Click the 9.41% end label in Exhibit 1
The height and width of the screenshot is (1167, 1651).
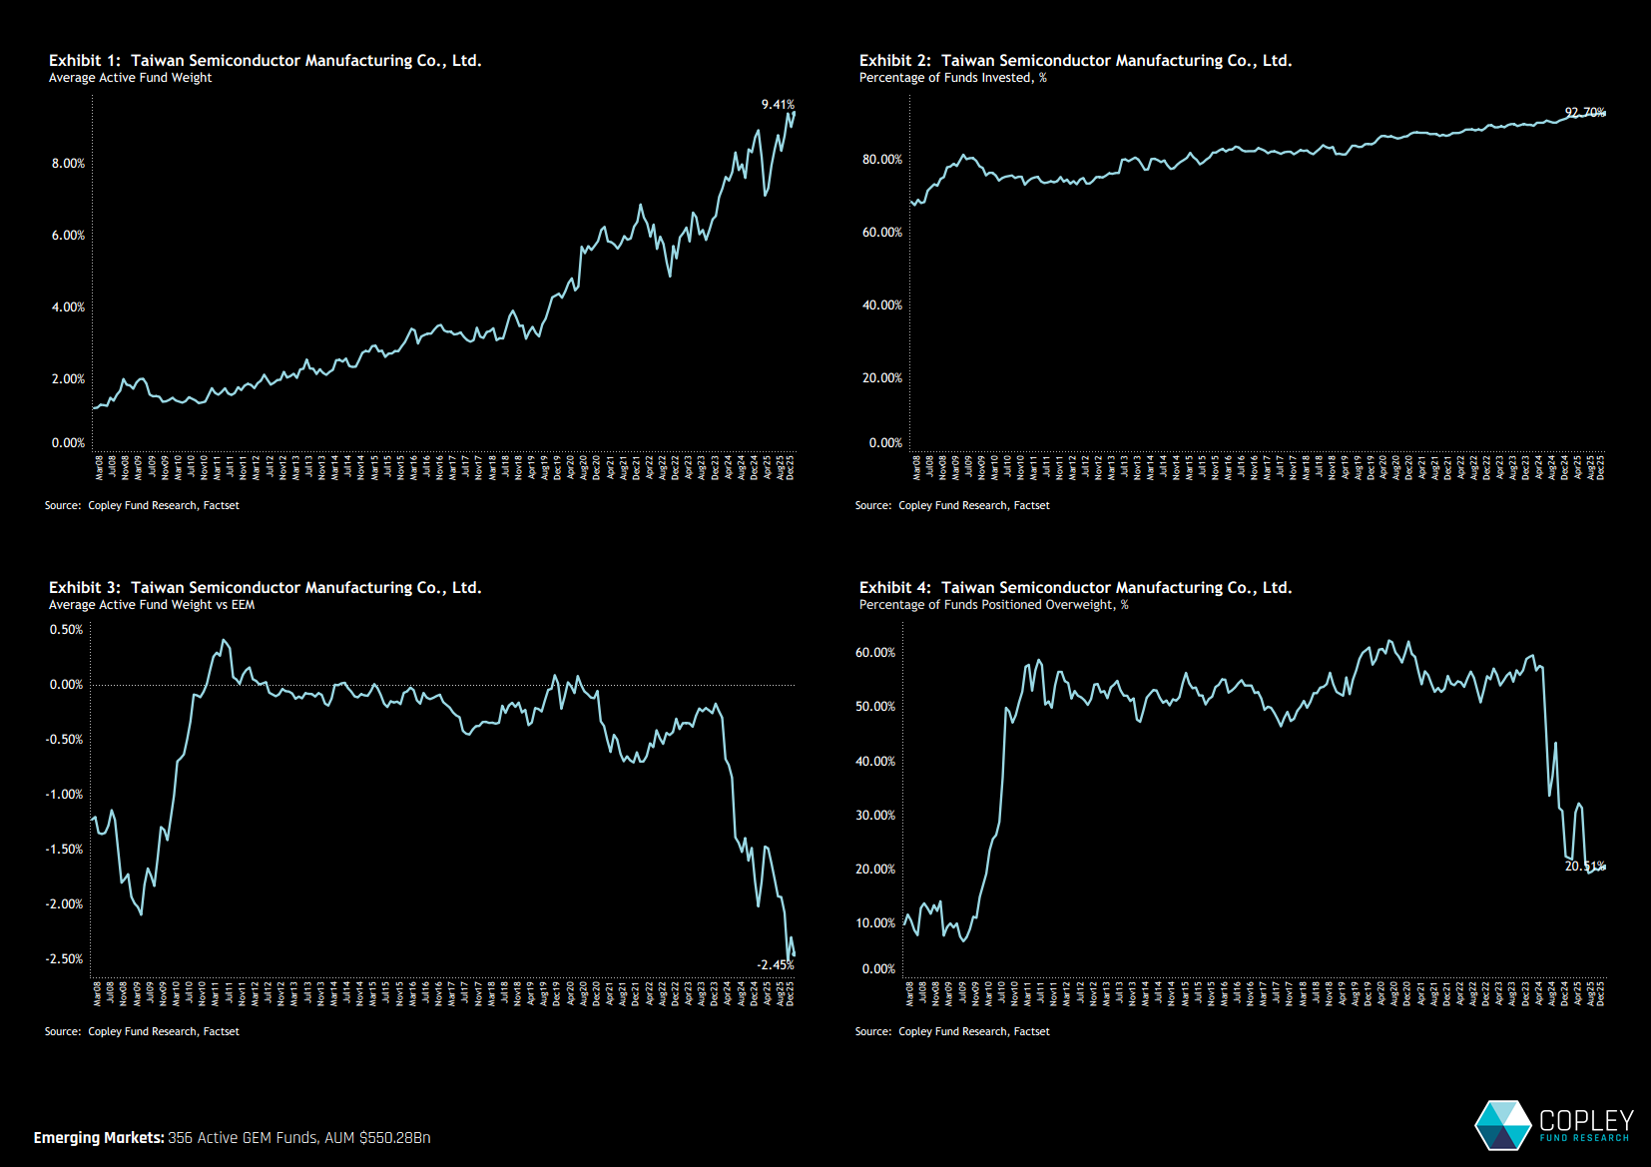click(x=778, y=105)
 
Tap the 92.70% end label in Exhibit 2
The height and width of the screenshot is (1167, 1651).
click(x=1585, y=113)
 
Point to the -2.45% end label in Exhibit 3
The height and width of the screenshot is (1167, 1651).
click(x=775, y=965)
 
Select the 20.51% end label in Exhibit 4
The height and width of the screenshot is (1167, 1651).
click(x=1585, y=867)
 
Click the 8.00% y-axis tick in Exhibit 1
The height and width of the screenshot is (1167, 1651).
click(x=68, y=164)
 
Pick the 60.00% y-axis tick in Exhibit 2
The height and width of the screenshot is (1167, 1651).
click(x=881, y=233)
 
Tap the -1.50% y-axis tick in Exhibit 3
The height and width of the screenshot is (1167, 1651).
click(x=64, y=850)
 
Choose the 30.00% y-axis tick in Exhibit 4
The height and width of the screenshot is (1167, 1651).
click(x=875, y=816)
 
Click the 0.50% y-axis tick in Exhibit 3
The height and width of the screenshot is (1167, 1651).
click(x=66, y=630)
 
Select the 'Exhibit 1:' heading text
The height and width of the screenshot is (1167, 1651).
click(x=85, y=61)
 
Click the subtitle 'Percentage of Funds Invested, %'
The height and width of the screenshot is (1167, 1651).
click(x=952, y=78)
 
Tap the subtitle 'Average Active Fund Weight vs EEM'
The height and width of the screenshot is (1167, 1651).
click(x=152, y=605)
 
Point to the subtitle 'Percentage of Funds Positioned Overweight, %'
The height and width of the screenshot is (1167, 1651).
click(x=993, y=605)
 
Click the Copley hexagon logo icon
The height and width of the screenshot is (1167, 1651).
click(x=1503, y=1124)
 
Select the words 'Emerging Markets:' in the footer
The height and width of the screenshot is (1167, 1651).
click(x=99, y=1138)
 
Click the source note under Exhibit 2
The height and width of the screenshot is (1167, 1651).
click(x=952, y=506)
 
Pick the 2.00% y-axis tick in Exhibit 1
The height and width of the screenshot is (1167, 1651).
click(x=68, y=379)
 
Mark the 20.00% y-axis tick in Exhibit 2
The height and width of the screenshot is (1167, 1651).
click(x=881, y=378)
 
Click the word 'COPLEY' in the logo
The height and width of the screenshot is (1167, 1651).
click(x=1586, y=1120)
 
